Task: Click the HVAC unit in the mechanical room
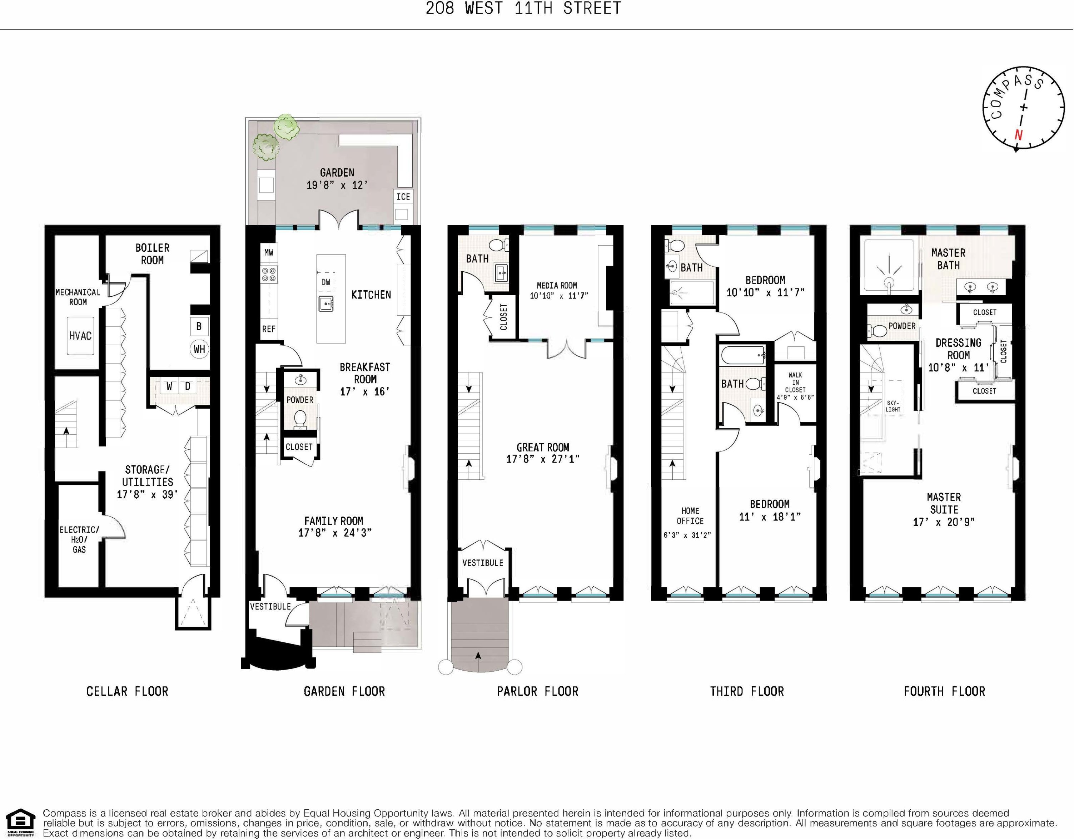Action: point(80,336)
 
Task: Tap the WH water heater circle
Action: point(199,349)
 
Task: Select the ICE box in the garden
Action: point(403,196)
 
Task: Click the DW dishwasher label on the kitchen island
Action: point(325,282)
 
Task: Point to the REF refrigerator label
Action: point(269,329)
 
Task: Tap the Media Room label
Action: point(557,285)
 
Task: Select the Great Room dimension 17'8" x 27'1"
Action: point(543,459)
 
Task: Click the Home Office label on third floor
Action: point(690,516)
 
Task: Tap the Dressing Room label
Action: point(959,349)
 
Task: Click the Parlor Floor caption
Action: point(537,691)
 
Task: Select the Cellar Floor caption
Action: point(127,691)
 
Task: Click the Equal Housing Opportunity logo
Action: point(18,823)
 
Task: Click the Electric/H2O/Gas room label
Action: point(79,539)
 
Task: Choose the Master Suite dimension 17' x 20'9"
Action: point(944,522)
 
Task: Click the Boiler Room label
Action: point(153,254)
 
